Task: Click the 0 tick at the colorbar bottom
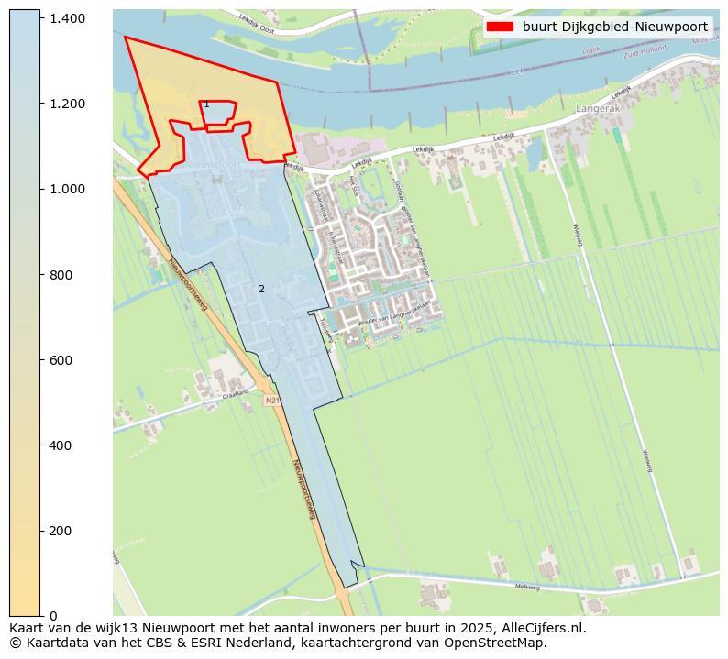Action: point(54,616)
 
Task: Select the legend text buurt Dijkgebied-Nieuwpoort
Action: point(615,27)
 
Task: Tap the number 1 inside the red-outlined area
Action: point(206,104)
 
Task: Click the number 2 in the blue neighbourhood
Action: point(261,290)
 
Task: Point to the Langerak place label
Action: point(598,108)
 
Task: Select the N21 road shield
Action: point(271,401)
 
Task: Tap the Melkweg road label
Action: point(527,587)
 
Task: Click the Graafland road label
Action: point(236,394)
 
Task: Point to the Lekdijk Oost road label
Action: point(256,24)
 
